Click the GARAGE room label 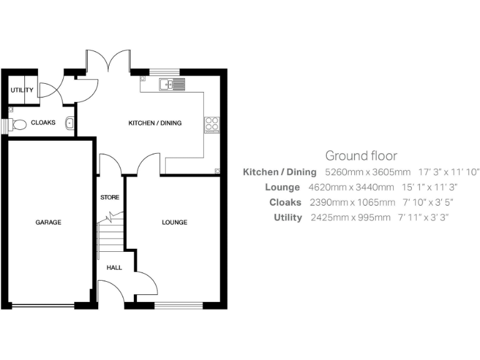point(48,222)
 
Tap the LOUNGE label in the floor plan point(174,222)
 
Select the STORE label point(109,197)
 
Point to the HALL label point(114,267)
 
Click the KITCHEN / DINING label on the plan point(155,123)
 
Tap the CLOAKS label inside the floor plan point(43,123)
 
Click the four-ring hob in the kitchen point(211,124)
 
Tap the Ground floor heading point(361,156)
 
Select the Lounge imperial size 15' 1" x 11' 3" point(429,187)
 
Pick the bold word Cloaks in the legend point(285,202)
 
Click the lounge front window point(178,306)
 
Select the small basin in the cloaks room point(69,123)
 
